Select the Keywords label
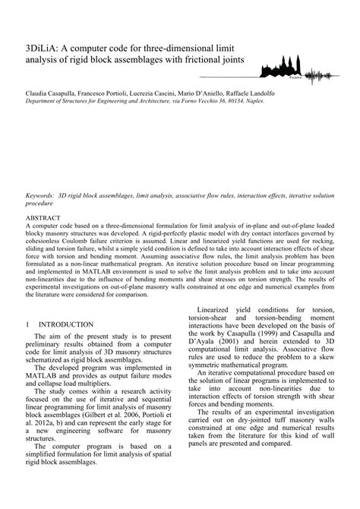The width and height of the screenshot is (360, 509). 40,195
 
